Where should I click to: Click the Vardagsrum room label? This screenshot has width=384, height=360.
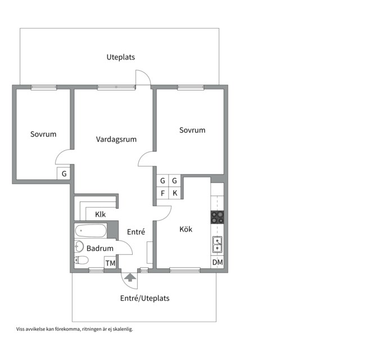pyautogui.click(x=116, y=139)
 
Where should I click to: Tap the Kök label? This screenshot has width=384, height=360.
pyautogui.click(x=186, y=229)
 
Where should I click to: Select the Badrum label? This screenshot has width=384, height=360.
pyautogui.click(x=100, y=248)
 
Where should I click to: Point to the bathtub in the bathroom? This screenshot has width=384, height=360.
pyautogui.click(x=91, y=231)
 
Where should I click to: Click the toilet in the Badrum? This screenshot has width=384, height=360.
pyautogui.click(x=82, y=260)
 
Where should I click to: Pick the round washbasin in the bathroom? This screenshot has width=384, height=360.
pyautogui.click(x=79, y=246)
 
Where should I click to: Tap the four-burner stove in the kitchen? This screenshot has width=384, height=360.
pyautogui.click(x=217, y=217)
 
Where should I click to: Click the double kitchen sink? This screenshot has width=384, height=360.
pyautogui.click(x=218, y=244)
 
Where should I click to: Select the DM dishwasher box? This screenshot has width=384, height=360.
pyautogui.click(x=218, y=262)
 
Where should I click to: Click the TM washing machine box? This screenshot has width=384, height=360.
pyautogui.click(x=110, y=263)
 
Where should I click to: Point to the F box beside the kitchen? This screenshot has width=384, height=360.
pyautogui.click(x=162, y=193)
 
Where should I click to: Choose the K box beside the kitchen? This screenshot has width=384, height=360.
pyautogui.click(x=175, y=193)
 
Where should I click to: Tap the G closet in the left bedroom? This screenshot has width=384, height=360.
pyautogui.click(x=64, y=173)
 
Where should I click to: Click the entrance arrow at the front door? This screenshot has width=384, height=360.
pyautogui.click(x=130, y=278)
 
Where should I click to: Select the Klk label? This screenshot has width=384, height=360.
pyautogui.click(x=101, y=214)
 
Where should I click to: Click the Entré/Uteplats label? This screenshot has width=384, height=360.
pyautogui.click(x=144, y=298)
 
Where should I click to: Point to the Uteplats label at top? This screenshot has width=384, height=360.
pyautogui.click(x=121, y=57)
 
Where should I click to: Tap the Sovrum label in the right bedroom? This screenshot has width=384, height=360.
pyautogui.click(x=192, y=130)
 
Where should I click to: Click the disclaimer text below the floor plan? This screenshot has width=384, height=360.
pyautogui.click(x=74, y=329)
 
